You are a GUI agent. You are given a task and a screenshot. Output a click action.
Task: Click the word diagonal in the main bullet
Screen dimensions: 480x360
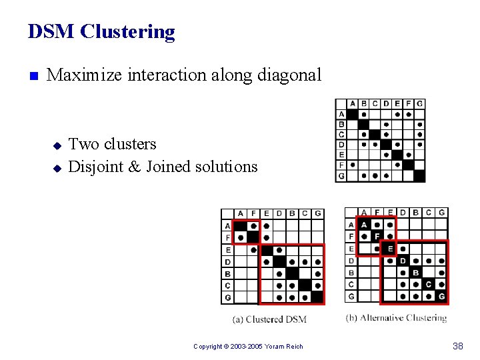coord(288,75)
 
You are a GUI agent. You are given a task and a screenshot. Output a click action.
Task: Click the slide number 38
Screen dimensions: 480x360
coord(458,346)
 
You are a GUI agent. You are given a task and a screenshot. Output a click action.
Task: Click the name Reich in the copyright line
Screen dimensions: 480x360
coord(294,347)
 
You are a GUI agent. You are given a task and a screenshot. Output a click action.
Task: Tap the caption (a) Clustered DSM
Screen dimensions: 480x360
coord(269,319)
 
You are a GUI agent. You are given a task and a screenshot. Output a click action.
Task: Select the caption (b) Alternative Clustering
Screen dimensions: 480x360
coord(396,318)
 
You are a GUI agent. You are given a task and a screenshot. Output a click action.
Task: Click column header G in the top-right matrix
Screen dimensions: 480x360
coord(419,103)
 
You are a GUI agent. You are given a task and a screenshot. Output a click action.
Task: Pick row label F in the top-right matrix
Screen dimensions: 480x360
coord(342,165)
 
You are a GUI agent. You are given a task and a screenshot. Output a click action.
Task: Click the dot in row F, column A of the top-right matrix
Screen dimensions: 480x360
coord(353,165)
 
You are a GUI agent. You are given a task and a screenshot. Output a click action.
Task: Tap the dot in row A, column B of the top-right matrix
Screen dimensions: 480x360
coord(363,114)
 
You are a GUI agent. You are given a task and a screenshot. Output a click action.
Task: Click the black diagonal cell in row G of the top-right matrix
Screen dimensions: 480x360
coord(419,176)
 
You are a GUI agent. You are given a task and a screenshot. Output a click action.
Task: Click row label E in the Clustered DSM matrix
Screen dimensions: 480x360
coord(229,250)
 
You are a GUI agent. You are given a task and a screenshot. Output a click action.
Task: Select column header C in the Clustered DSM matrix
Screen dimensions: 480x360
coord(305,213)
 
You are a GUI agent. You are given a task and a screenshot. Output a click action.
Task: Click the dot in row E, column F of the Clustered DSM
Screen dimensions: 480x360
coord(253,250)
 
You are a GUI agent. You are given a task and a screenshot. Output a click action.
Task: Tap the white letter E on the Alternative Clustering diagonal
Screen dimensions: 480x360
coord(391,249)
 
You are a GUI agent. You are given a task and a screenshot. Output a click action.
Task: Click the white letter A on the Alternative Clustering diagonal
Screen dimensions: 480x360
coord(364,225)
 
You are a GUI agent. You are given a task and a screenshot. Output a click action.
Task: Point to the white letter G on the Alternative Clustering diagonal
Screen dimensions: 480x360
coord(441,297)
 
